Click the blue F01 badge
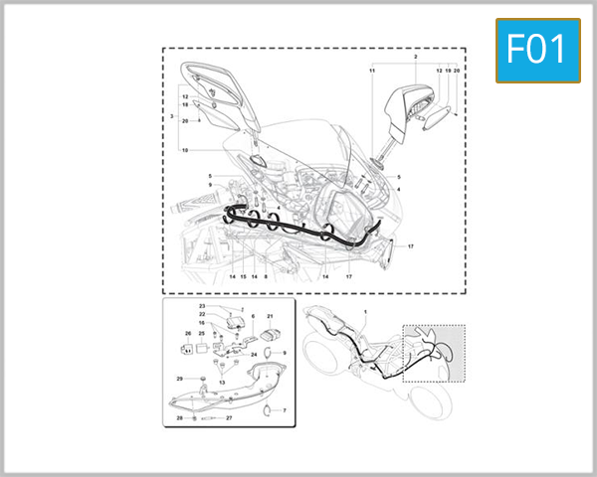point(537,50)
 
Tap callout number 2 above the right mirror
point(416,58)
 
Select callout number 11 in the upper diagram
point(372,73)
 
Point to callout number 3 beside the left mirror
point(173,118)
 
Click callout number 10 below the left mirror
point(184,149)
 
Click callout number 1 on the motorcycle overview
point(365,314)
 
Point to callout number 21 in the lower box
point(269,316)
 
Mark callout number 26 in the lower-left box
point(187,333)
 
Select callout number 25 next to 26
point(201,333)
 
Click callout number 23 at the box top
point(201,305)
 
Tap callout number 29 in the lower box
point(179,379)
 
